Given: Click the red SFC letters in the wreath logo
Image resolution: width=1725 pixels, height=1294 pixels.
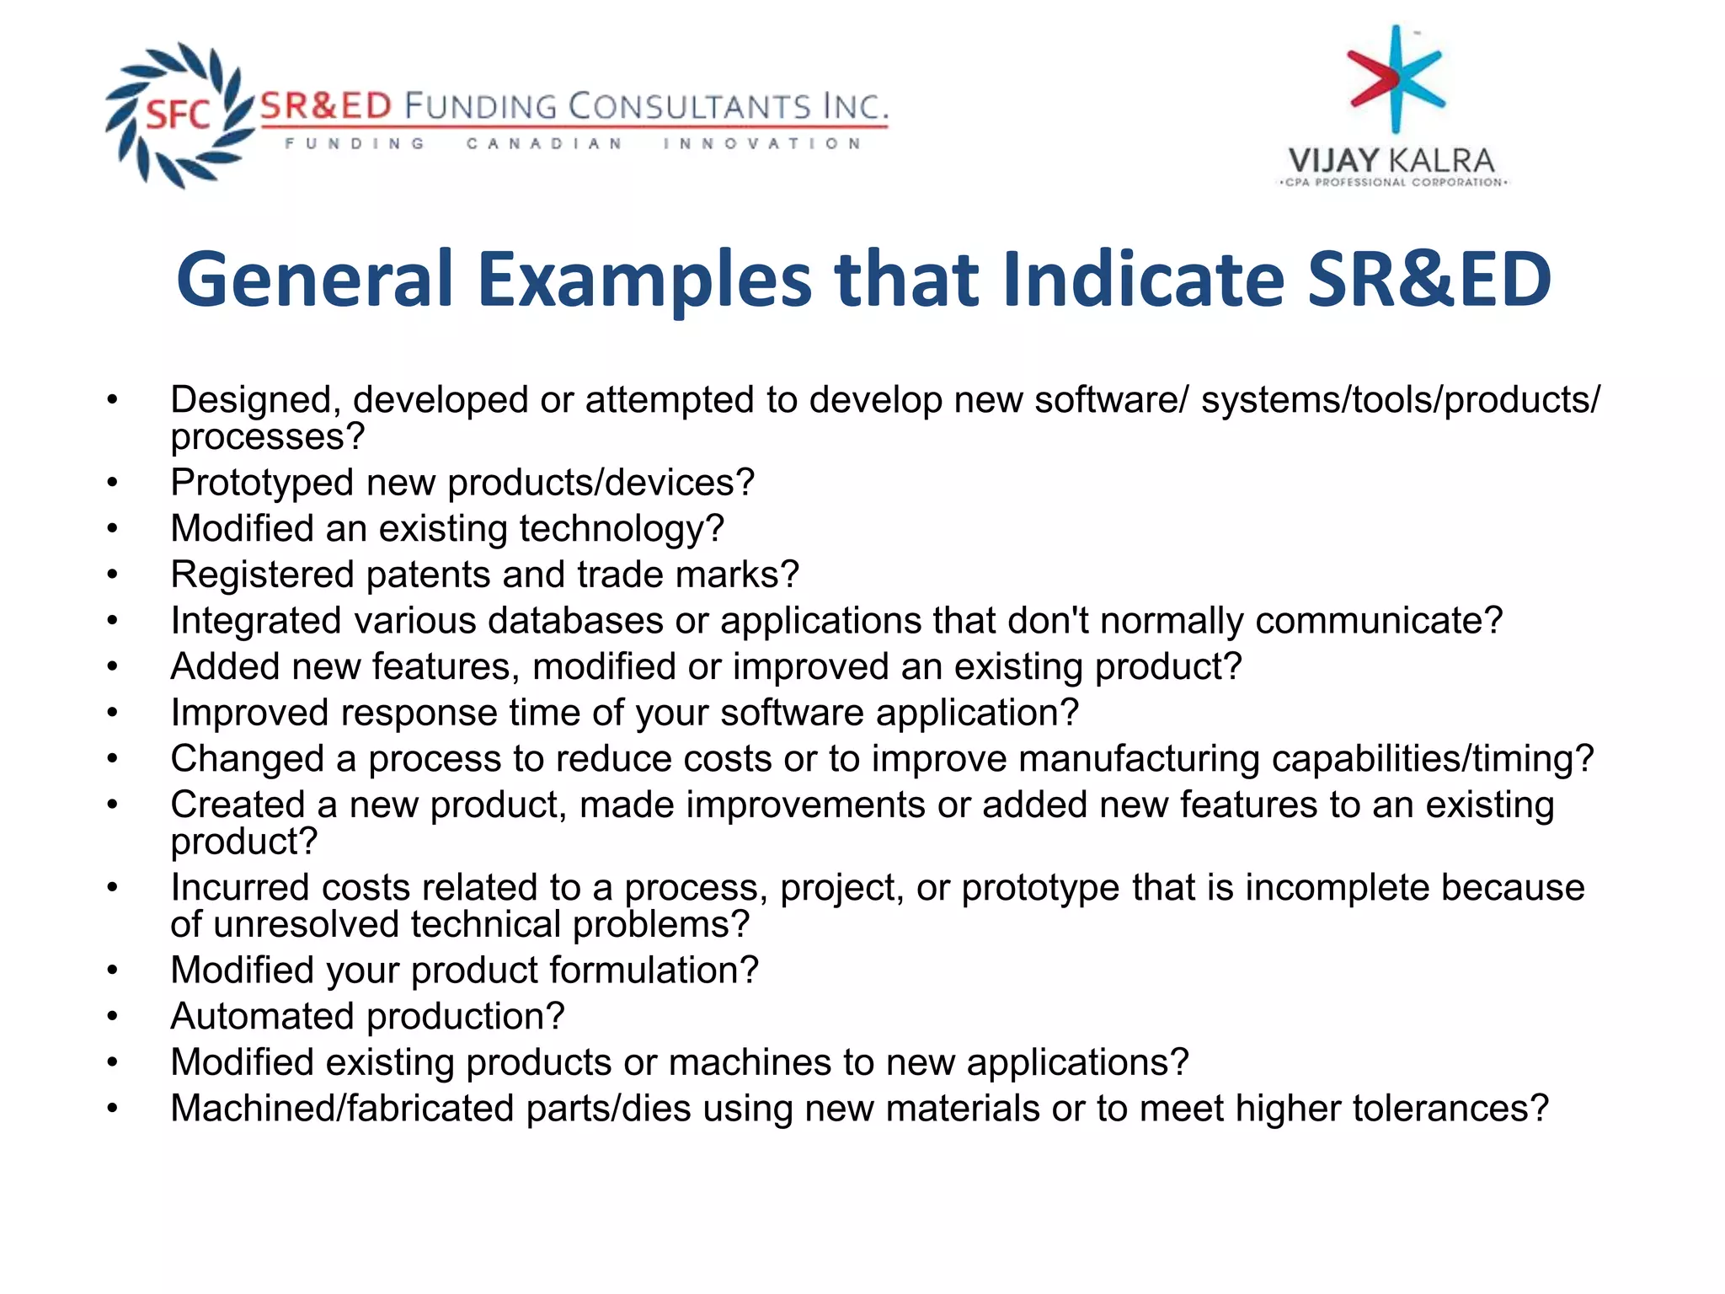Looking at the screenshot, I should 178,114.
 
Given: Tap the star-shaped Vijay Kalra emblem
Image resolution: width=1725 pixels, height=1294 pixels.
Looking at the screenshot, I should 1396,78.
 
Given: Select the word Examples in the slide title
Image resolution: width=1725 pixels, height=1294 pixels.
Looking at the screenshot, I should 645,280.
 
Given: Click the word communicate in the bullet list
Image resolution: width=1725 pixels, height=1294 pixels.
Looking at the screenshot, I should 1372,621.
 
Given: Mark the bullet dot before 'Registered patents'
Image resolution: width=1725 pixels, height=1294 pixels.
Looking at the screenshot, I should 113,575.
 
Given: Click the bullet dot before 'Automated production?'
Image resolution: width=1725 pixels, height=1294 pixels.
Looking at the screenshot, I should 113,1017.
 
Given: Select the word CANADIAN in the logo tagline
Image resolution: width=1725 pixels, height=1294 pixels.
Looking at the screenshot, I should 544,144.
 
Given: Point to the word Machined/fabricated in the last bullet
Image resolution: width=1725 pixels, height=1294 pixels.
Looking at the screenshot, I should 342,1109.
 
